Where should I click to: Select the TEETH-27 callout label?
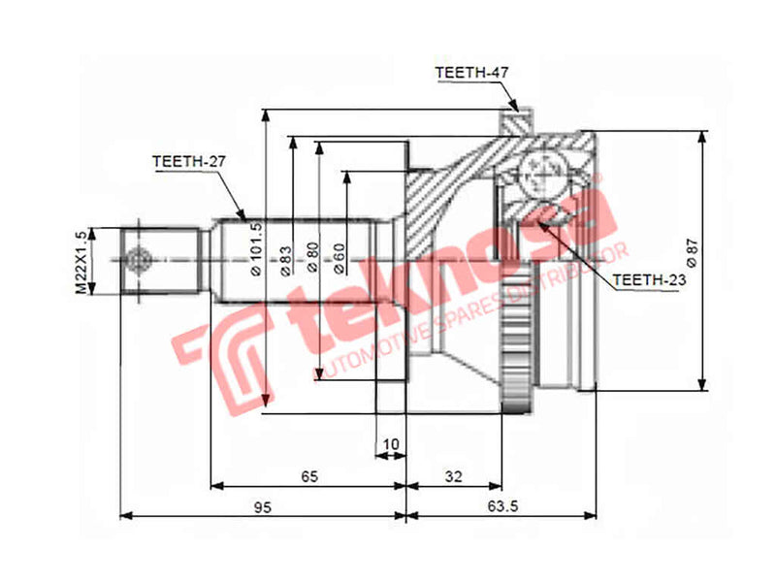pos(188,162)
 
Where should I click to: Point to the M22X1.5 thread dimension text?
pos(81,261)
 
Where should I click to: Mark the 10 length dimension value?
pos(391,444)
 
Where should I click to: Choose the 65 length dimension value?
pos(309,476)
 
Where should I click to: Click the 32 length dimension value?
pos(453,476)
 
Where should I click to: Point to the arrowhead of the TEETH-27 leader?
pos(246,216)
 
